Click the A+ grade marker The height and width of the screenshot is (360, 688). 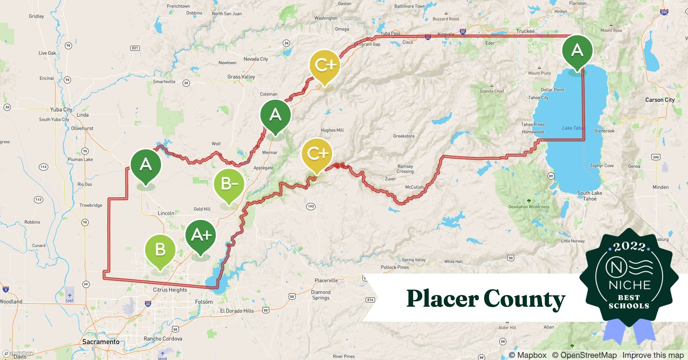201,235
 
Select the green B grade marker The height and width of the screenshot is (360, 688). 160,250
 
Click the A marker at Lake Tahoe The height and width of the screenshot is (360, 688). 577,50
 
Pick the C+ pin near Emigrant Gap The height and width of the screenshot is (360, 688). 325,65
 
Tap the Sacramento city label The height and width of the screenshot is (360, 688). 101,342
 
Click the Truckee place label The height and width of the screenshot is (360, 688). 525,31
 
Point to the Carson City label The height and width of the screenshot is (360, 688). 660,100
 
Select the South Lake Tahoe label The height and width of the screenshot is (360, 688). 589,196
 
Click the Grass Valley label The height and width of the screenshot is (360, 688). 241,77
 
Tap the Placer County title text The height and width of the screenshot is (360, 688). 486,299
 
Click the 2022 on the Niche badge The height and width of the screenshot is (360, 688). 629,247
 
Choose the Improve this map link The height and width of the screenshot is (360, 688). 653,355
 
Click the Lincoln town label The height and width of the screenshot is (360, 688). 166,213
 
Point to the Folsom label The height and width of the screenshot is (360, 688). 204,302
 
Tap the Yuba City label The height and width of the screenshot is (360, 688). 61,109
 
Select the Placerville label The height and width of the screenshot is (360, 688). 326,280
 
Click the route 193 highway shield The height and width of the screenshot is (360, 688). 311,206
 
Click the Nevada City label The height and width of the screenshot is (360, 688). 256,59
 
